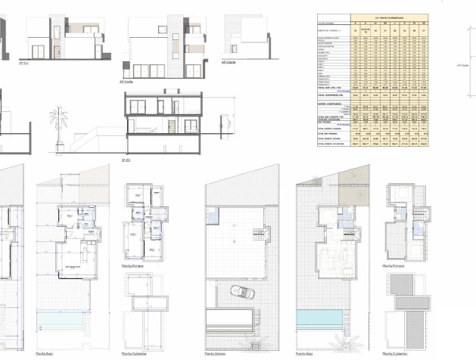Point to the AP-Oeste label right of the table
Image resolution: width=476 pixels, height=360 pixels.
(464, 66)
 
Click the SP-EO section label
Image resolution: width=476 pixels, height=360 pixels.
(127, 161)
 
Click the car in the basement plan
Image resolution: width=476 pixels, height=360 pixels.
(241, 292)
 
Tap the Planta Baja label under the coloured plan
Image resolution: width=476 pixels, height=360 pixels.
(304, 352)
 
